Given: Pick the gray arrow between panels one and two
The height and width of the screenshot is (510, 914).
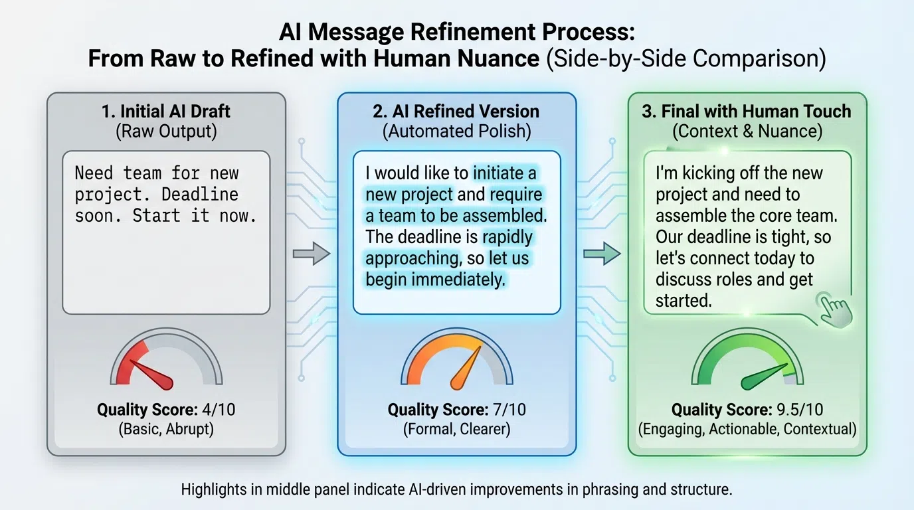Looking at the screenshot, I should click(x=312, y=254).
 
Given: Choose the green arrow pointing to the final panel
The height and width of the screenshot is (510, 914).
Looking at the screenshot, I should click(x=602, y=254).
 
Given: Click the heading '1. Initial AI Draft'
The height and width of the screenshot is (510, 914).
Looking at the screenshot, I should click(x=166, y=111).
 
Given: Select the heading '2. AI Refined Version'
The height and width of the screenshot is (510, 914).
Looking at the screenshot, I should click(x=456, y=111).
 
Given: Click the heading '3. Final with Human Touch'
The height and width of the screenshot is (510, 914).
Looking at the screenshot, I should click(x=747, y=111).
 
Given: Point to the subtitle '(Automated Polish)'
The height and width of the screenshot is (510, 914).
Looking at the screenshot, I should click(x=456, y=131).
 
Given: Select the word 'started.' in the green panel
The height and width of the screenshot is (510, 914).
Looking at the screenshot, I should click(x=684, y=300).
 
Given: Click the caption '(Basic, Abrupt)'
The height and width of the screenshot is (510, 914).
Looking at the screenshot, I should click(x=166, y=429).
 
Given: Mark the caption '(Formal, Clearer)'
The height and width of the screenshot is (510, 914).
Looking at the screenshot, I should click(x=456, y=429).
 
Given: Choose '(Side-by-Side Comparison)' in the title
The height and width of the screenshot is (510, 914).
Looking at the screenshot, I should click(x=685, y=58).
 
